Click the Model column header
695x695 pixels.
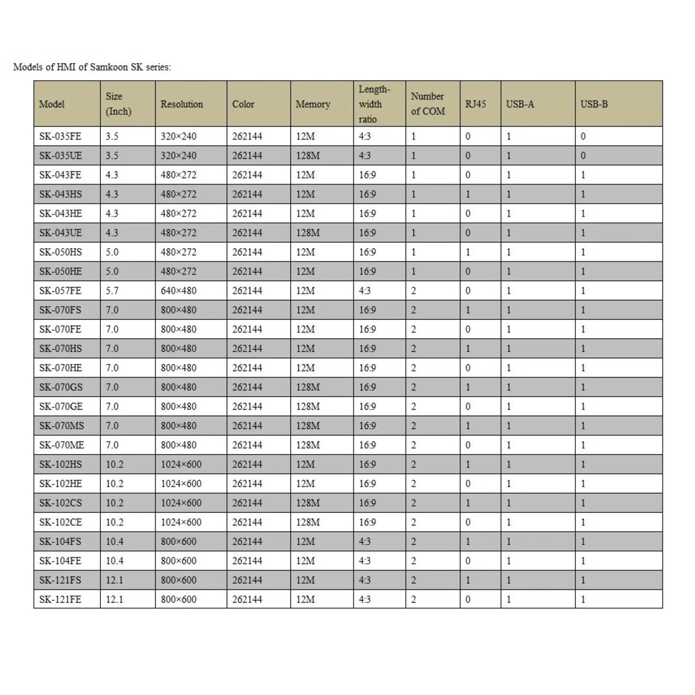click(52, 104)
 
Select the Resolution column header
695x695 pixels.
click(182, 104)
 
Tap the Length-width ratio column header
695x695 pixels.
click(374, 104)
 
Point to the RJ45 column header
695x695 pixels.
click(475, 104)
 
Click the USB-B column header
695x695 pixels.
click(594, 104)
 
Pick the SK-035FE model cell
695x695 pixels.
click(60, 137)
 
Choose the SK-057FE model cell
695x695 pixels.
click(60, 291)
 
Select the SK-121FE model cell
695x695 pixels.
click(60, 600)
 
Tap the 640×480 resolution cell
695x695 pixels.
click(178, 291)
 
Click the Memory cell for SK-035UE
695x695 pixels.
click(308, 156)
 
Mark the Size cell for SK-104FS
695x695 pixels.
click(115, 542)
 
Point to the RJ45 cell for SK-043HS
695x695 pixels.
click(468, 194)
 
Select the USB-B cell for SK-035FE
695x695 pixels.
click(583, 137)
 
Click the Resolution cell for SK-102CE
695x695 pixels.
click(181, 523)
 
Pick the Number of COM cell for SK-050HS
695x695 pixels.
click(414, 252)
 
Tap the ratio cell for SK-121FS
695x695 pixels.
click(365, 580)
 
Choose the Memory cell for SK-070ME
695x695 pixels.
click(308, 446)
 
